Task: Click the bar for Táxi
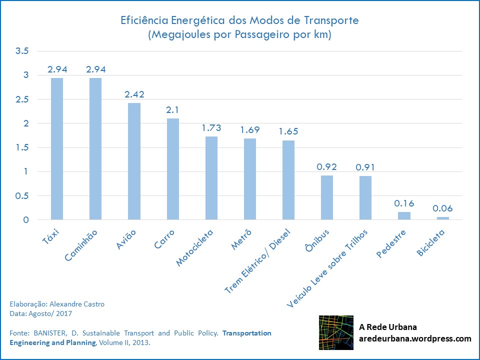57,148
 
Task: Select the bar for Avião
134,161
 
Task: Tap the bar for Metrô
250,179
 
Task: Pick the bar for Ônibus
327,197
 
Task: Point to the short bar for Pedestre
404,216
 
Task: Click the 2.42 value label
134,94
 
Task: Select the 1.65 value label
288,131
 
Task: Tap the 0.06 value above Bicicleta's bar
442,208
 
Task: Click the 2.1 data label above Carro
172,109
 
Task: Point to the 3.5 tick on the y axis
22,51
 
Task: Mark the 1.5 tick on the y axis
22,148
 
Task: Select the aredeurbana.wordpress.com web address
415,338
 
